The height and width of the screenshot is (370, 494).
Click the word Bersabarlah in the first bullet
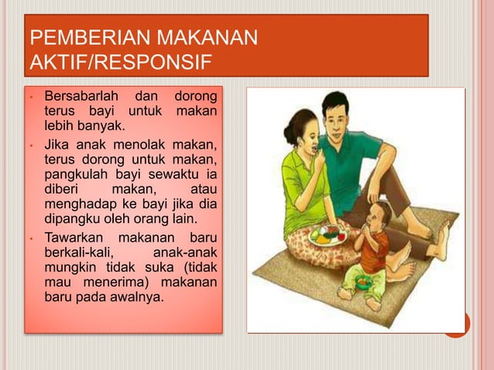coord(81,98)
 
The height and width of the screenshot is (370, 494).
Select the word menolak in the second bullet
coord(137,145)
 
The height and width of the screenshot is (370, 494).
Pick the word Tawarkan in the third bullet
coord(77,237)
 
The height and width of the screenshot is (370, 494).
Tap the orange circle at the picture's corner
coord(456,324)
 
